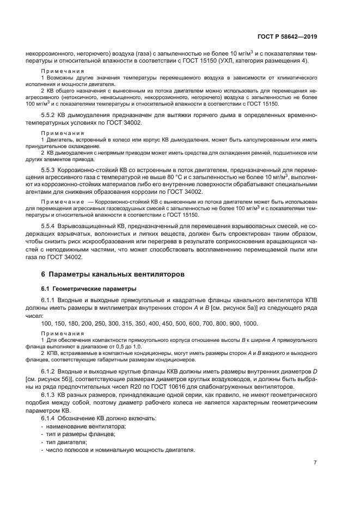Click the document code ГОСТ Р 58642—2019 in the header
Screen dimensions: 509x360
288,37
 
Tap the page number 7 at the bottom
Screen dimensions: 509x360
315,463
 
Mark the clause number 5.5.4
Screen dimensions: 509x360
50,225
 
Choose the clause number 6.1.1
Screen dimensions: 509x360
50,300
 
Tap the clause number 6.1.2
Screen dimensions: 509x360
50,371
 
